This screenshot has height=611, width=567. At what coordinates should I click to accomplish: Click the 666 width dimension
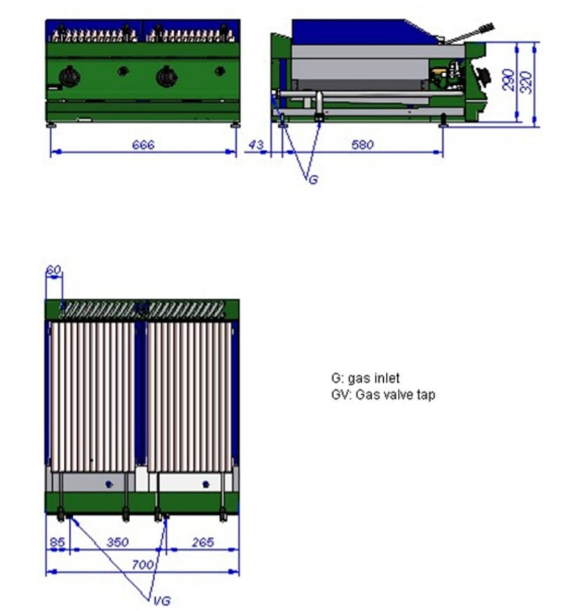tap(142, 145)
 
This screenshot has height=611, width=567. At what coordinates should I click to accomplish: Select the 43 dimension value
tap(257, 145)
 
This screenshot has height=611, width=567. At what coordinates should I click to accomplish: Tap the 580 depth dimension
tap(363, 145)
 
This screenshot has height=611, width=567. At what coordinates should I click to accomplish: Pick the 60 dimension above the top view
tap(53, 270)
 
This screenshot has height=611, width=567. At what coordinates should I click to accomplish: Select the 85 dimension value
tap(58, 543)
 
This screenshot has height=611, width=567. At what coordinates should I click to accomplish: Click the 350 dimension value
tap(117, 543)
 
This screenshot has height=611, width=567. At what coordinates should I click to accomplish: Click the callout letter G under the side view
tap(313, 180)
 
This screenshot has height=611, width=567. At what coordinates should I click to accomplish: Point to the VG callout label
tap(161, 600)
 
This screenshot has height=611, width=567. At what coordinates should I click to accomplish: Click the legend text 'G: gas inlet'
tap(366, 379)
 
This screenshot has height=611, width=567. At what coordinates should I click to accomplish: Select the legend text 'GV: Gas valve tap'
tap(383, 395)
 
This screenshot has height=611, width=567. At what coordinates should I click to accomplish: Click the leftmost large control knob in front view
tap(70, 76)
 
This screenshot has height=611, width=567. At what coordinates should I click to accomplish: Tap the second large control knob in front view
tap(166, 76)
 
